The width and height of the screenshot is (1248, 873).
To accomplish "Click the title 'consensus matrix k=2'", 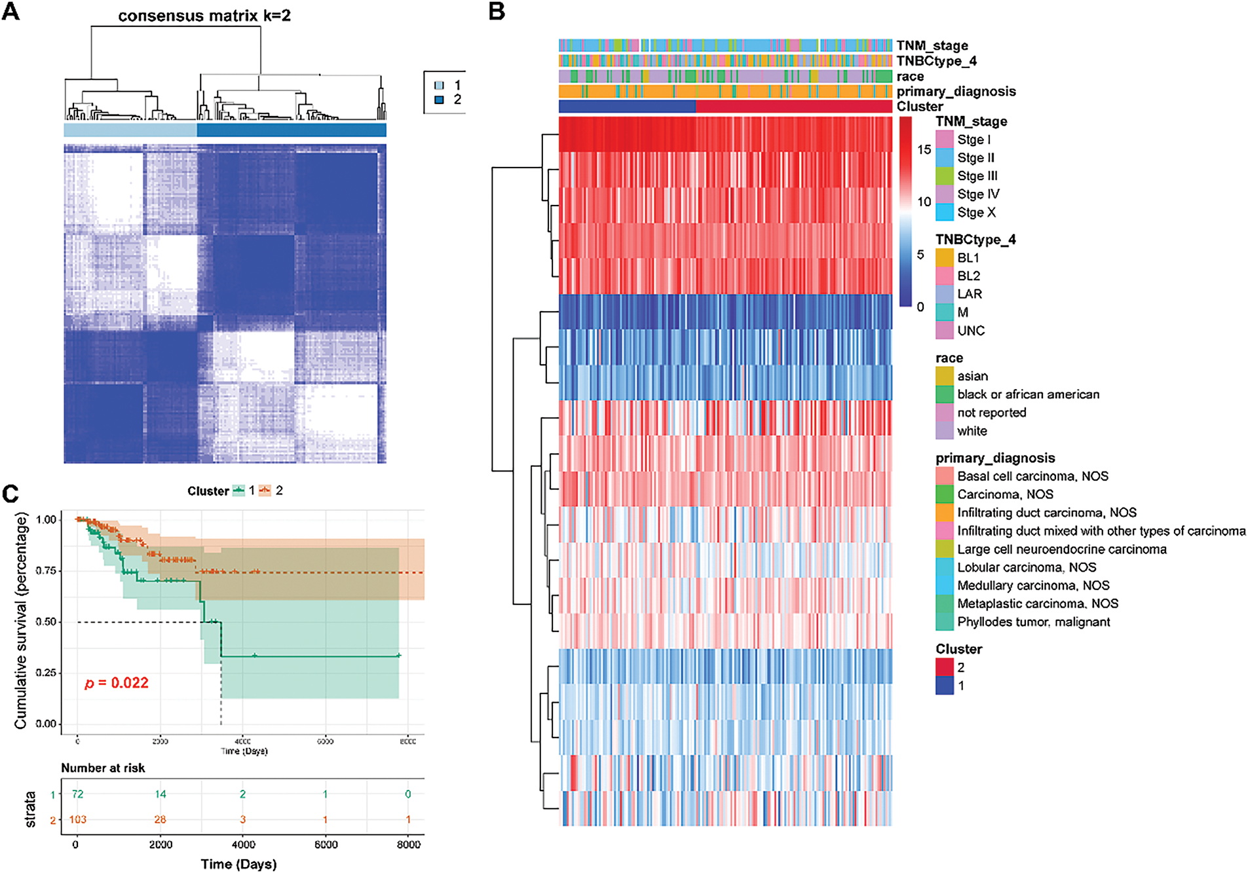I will click(204, 16).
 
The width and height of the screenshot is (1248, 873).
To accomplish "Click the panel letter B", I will click(497, 11).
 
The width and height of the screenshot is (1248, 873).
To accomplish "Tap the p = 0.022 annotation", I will click(117, 683).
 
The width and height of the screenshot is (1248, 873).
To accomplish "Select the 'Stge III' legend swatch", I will click(944, 176).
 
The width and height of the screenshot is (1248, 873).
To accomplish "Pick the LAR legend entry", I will click(969, 295).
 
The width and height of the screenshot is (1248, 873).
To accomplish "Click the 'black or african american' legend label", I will click(1028, 394).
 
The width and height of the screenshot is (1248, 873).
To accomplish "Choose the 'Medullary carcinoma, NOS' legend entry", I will click(1033, 585).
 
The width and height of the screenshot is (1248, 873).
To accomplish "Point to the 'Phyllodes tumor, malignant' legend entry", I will click(1033, 622).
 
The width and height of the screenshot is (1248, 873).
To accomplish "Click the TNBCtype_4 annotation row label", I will click(936, 61).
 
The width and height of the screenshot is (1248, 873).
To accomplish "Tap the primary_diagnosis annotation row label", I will click(956, 92).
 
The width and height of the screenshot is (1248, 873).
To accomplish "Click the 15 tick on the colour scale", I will click(924, 150).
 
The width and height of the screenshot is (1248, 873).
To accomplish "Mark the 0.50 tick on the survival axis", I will click(46, 622).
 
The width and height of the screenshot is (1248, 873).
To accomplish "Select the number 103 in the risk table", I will click(78, 819).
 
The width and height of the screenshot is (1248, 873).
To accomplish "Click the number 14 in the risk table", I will click(161, 794).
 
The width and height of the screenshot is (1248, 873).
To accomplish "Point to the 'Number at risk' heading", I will click(103, 768).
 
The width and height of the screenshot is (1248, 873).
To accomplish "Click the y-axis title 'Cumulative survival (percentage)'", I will click(21, 621).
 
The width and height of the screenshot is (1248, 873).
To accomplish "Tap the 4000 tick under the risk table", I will click(243, 845).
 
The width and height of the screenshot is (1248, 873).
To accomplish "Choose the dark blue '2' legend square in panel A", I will click(440, 100).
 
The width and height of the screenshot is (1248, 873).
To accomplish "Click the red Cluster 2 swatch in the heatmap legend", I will click(944, 667).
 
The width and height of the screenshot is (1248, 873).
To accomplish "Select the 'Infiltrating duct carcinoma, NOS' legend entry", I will click(1046, 513).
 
